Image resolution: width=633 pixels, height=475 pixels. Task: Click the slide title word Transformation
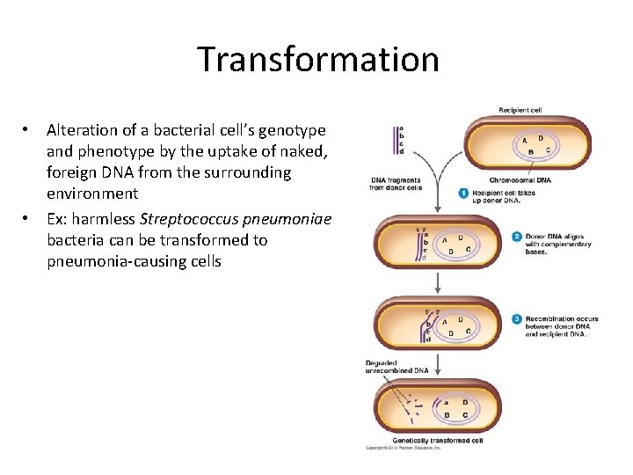(317, 59)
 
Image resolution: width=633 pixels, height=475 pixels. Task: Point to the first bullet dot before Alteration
(28, 129)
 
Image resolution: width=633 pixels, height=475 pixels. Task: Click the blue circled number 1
(464, 193)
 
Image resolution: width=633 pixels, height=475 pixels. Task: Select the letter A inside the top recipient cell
(525, 140)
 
